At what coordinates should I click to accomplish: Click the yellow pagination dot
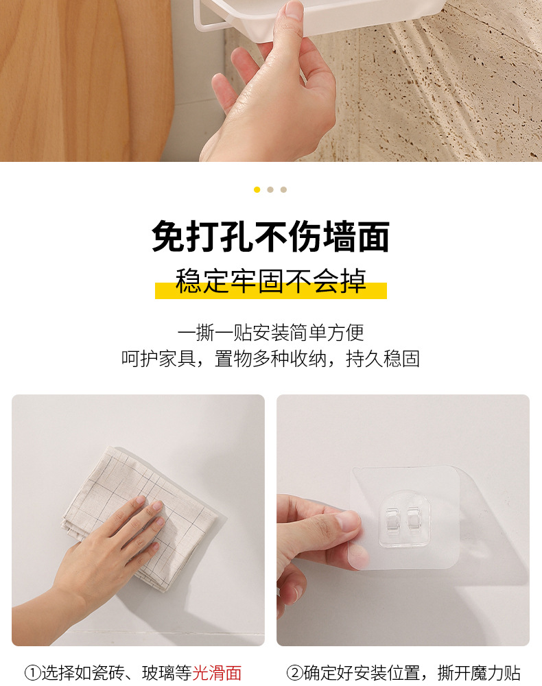(257, 189)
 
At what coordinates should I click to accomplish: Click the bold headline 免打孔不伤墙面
(270, 237)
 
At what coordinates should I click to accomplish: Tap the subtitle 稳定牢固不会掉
(270, 282)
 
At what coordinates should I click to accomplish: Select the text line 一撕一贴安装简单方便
(270, 333)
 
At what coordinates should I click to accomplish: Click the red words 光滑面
(217, 673)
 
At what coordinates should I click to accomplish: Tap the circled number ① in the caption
(32, 673)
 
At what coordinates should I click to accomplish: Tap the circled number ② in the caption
(294, 673)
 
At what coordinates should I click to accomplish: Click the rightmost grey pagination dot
(283, 189)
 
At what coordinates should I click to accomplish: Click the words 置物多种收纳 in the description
(270, 359)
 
